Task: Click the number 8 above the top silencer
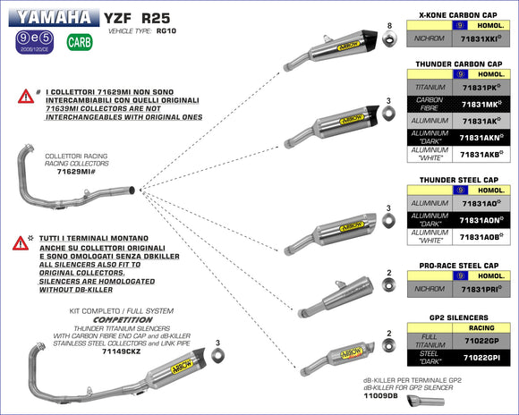point(389,26)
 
